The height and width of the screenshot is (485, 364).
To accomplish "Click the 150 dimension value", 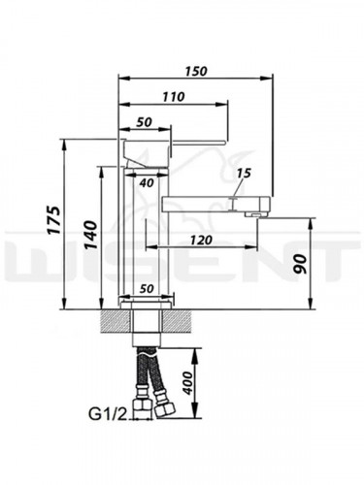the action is click(x=196, y=71).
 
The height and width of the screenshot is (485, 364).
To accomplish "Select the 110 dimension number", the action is click(x=174, y=97).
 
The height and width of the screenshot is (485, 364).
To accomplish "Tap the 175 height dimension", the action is click(x=53, y=219).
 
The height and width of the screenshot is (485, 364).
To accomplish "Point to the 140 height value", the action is click(x=90, y=235).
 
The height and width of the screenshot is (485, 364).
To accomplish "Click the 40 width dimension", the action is click(x=147, y=183).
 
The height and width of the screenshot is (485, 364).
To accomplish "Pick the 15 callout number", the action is click(x=244, y=174).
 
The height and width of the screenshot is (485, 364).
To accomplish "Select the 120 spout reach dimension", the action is click(x=201, y=240).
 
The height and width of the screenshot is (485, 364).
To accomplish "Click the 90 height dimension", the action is click(x=300, y=264).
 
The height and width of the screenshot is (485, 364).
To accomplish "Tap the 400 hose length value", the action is click(x=186, y=382).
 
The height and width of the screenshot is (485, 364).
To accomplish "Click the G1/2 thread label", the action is click(x=107, y=414).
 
